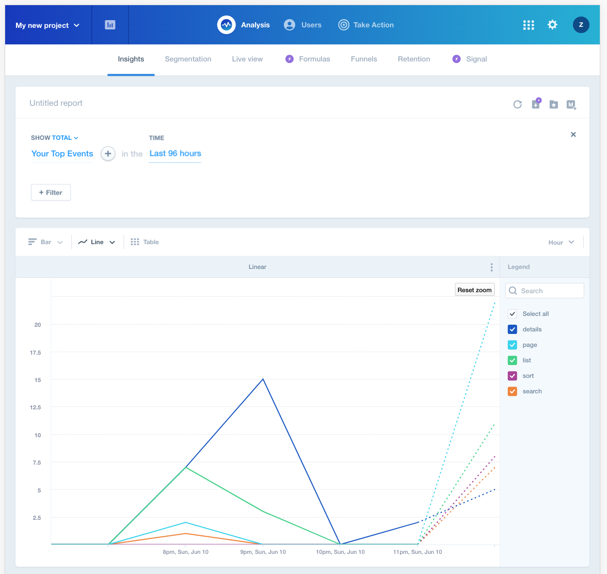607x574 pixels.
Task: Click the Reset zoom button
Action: (474, 290)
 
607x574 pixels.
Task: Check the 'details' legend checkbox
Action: (513, 329)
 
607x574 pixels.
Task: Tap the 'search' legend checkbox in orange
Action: (513, 391)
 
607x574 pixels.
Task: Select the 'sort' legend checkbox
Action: (513, 376)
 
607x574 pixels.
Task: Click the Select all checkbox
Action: (513, 314)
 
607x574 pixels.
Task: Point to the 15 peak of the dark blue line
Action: (263, 379)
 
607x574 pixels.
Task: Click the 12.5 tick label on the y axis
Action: (35, 408)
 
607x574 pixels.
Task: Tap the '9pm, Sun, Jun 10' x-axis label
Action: (263, 552)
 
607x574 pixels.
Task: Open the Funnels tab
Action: (364, 59)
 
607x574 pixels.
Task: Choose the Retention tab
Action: (414, 59)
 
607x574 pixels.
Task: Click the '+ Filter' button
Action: (51, 193)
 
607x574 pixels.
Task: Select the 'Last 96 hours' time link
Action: (175, 154)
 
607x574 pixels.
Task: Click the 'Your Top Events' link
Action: (62, 154)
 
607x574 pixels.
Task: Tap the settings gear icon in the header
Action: (552, 25)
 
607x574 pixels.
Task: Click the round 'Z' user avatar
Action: (581, 25)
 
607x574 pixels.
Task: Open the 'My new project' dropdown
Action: (47, 25)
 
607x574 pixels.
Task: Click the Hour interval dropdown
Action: (561, 243)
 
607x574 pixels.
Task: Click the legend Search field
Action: (545, 291)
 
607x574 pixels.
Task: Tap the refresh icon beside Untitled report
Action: (518, 104)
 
